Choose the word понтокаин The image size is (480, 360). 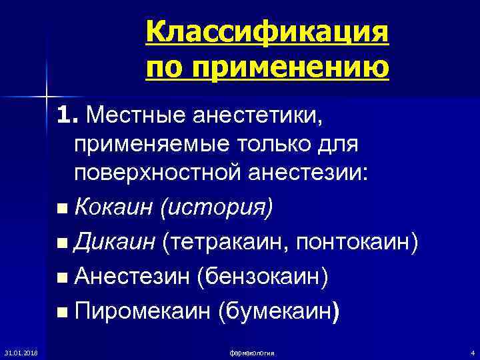pyautogui.click(x=363, y=243)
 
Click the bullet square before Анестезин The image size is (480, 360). pyautogui.click(x=62, y=278)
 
